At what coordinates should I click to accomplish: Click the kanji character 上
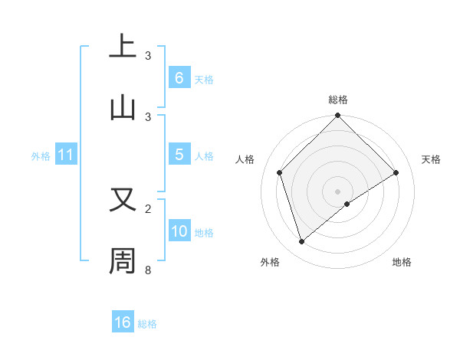coord(123,47)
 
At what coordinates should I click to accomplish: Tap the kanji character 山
coord(123,108)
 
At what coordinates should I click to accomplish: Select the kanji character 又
coord(123,200)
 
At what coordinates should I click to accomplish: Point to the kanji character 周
coord(123,261)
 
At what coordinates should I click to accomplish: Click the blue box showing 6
coord(179,77)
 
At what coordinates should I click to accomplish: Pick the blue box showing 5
coord(179,155)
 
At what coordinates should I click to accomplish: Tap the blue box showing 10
coord(179,231)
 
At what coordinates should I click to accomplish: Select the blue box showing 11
coord(65,155)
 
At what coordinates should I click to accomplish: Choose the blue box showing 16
coord(123,322)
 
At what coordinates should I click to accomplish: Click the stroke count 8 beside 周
coord(148,270)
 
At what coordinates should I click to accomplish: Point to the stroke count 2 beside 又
coord(148,208)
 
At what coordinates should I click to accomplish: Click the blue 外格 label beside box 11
coord(41,155)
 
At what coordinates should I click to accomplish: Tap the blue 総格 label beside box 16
coord(147,323)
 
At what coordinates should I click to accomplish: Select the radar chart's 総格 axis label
coord(337,100)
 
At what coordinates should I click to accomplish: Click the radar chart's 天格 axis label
coord(431,159)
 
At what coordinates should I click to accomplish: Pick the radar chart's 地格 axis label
coord(402,262)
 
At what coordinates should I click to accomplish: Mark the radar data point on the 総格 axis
coord(337,116)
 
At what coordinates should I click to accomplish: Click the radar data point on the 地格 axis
coord(347,204)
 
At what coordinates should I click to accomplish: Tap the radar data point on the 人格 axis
coord(280,172)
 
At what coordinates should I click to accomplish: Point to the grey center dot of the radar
coord(337,191)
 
